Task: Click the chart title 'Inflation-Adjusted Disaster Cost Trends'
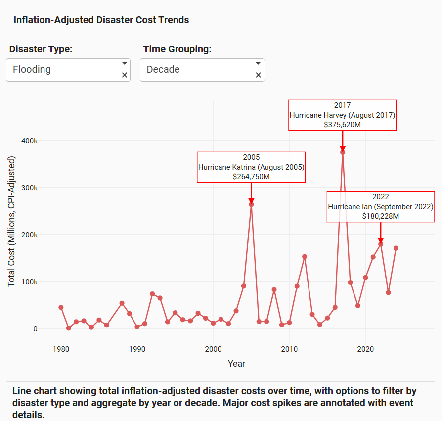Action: (101, 20)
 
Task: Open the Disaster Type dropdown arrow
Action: (125, 63)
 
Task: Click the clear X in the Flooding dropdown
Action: (125, 75)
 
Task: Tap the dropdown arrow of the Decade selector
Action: (258, 63)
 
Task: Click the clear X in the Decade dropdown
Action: (258, 75)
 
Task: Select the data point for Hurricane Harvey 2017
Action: (343, 152)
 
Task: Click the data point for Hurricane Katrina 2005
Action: (251, 204)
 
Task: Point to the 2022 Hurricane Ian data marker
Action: (381, 244)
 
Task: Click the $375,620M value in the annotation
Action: (342, 125)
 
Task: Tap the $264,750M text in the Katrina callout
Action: (251, 176)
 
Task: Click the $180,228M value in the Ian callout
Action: (380, 216)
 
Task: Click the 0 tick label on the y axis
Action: (35, 329)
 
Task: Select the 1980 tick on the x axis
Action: (61, 348)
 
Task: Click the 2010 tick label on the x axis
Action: (289, 348)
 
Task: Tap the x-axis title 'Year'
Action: (236, 364)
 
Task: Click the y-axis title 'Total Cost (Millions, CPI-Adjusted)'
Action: (12, 221)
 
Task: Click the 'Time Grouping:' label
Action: (177, 49)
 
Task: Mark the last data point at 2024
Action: (396, 248)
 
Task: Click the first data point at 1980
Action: (61, 307)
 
